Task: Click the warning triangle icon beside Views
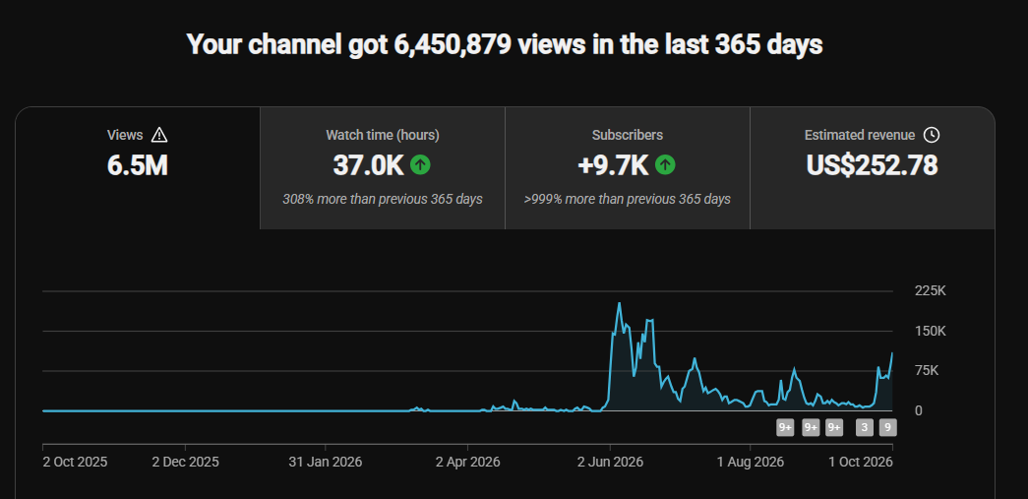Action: tap(159, 135)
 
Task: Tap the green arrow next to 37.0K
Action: tap(420, 165)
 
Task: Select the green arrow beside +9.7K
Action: tap(665, 165)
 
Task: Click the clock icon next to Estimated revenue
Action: tap(931, 135)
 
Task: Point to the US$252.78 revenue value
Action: tap(872, 165)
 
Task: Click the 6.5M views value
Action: tap(138, 166)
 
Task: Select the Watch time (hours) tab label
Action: tap(383, 135)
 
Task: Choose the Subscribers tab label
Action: tap(628, 135)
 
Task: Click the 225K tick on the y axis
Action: tap(931, 291)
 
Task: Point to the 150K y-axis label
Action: tap(931, 331)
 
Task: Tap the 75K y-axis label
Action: tap(927, 371)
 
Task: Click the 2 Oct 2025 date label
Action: tap(76, 462)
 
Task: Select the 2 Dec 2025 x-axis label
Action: tap(186, 462)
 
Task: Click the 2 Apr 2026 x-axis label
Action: tap(467, 462)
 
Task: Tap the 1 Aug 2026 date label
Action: tap(751, 462)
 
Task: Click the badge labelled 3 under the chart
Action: tap(865, 428)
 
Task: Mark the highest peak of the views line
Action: tap(620, 303)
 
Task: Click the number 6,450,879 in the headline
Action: tap(454, 45)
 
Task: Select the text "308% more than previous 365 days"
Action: tap(383, 200)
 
